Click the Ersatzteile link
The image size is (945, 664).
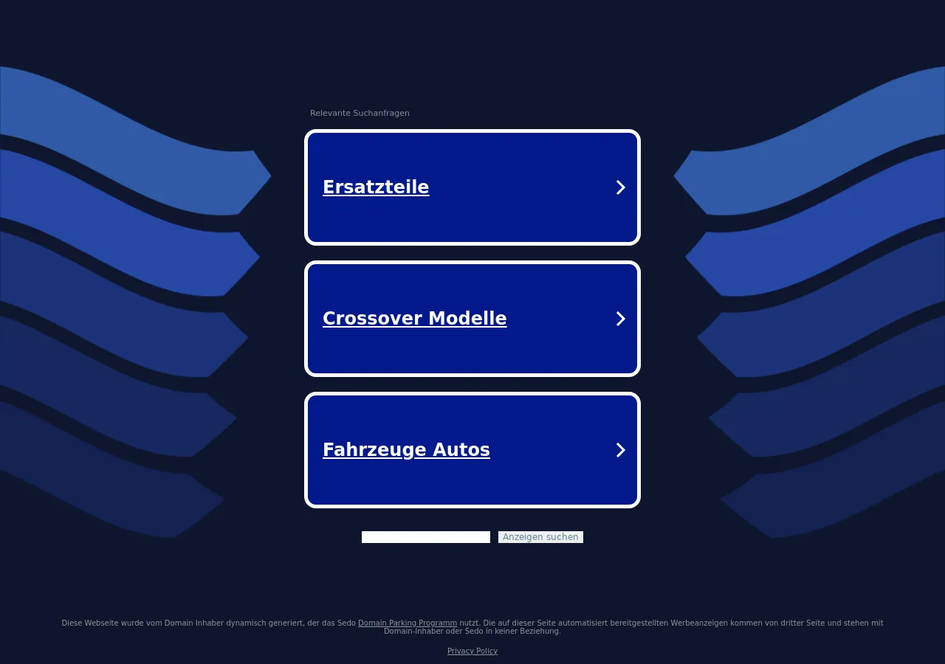376,187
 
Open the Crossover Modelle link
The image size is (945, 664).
414,318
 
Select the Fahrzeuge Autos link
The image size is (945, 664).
406,449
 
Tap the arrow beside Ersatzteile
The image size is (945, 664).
620,187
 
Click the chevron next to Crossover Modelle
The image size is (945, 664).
620,318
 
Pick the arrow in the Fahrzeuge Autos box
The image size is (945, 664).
620,449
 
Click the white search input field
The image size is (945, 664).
426,536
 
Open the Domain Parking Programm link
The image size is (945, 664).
407,623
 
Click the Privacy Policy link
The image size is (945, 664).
472,651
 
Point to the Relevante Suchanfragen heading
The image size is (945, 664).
360,113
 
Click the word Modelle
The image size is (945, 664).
467,318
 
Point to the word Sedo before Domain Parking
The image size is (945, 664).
347,623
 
